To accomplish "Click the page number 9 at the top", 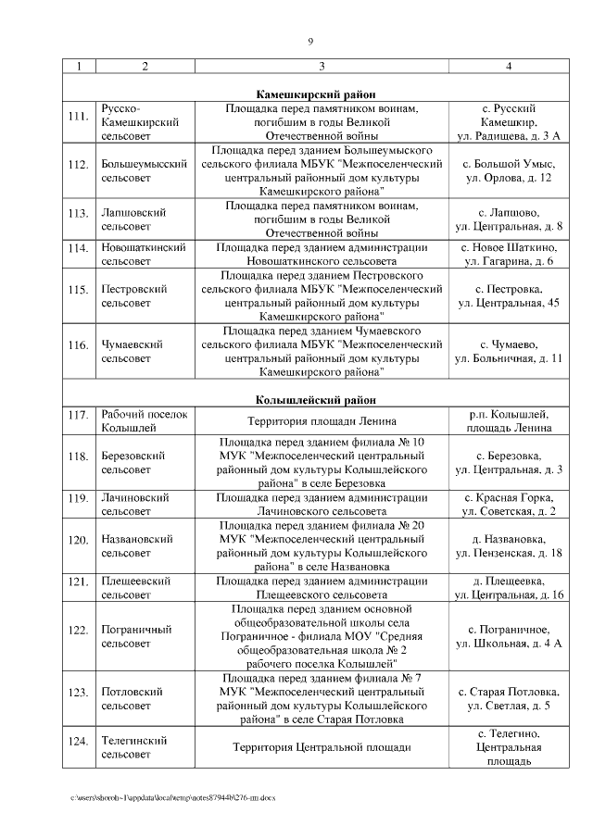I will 310,42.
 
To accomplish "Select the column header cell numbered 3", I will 321,66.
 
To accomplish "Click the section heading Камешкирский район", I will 316,94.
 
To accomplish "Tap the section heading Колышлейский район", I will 316,400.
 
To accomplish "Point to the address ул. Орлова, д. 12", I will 508,178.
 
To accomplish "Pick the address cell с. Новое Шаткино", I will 508,247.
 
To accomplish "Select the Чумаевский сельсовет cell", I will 132,351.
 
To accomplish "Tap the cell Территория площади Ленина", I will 321,420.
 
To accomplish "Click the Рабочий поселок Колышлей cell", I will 144,420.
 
